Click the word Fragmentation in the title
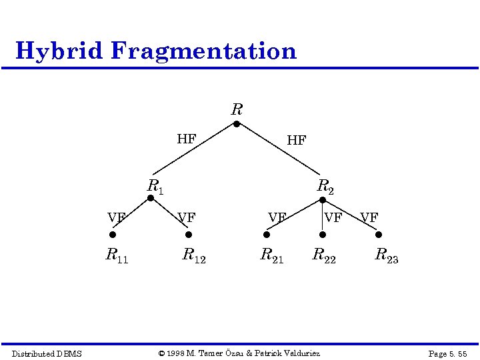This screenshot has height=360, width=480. (204, 51)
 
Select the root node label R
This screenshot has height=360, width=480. (237, 109)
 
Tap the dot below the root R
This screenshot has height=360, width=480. (236, 123)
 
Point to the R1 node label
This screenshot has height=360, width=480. (155, 186)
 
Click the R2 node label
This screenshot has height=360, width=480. (325, 186)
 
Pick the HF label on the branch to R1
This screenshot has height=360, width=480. (186, 139)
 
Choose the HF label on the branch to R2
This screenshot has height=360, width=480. (296, 140)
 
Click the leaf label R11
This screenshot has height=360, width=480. (117, 255)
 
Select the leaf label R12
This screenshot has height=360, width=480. (194, 255)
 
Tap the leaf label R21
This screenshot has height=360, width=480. (271, 255)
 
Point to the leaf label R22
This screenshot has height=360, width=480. (324, 255)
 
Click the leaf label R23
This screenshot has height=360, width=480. (387, 255)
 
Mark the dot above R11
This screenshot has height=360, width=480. (113, 235)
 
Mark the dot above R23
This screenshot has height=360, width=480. (379, 235)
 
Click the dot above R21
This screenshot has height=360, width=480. (266, 235)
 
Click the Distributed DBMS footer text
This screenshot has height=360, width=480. (47, 353)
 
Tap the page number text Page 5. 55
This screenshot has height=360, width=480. (447, 353)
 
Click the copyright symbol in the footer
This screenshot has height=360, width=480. (161, 353)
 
